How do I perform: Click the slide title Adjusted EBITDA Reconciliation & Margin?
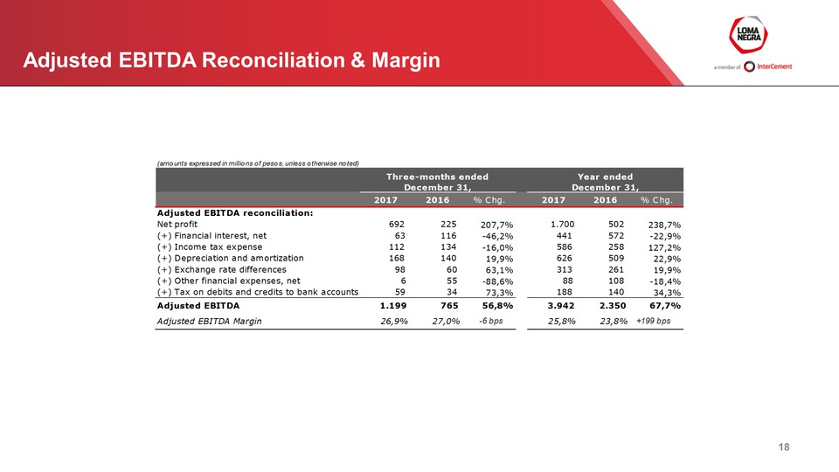[x=232, y=61]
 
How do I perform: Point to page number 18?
[x=784, y=448]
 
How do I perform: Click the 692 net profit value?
[x=396, y=225]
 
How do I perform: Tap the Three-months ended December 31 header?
[x=438, y=182]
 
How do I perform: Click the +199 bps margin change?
[x=653, y=321]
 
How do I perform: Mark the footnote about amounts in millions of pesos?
[x=257, y=163]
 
